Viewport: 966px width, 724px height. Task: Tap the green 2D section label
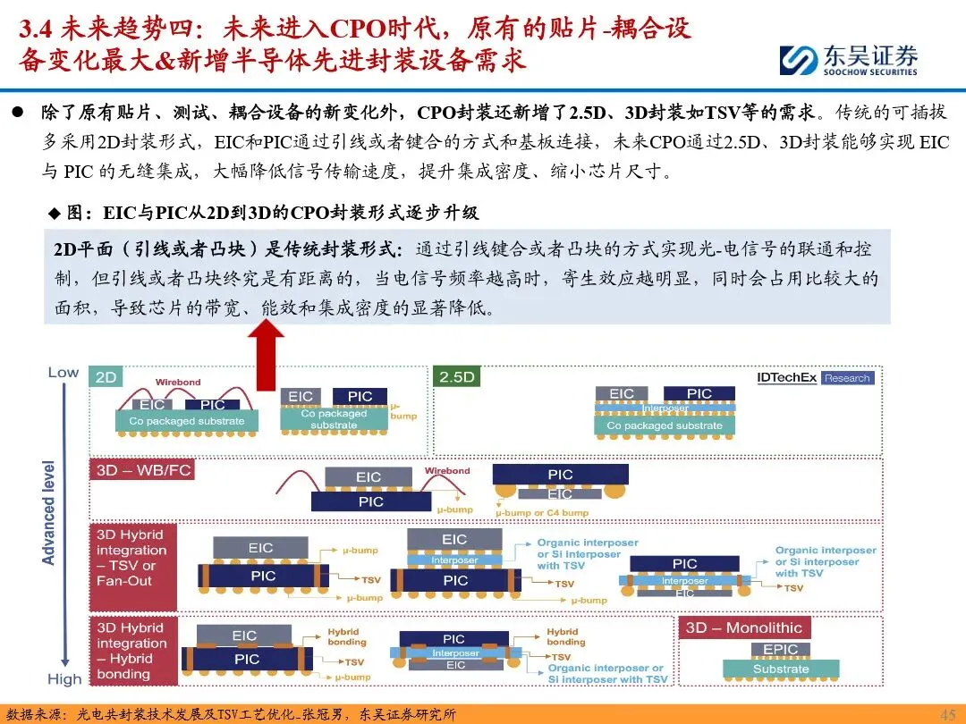point(106,377)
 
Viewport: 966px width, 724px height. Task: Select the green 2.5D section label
point(457,377)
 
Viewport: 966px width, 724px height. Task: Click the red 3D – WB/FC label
point(142,470)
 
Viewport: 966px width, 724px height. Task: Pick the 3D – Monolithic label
point(743,627)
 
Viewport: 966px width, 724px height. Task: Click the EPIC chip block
point(780,650)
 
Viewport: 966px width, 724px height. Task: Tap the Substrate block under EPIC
point(780,669)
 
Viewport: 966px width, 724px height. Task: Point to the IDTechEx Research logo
point(813,377)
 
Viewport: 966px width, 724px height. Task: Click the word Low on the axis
point(63,372)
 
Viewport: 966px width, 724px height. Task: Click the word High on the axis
point(64,679)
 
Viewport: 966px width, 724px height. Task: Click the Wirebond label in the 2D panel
point(178,383)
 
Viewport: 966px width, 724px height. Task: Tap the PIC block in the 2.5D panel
point(699,393)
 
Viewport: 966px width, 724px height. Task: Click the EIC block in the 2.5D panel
point(622,393)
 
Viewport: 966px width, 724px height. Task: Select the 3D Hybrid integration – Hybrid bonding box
point(132,651)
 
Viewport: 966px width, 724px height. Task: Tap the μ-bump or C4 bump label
point(542,513)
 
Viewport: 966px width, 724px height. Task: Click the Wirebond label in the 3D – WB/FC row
point(446,471)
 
